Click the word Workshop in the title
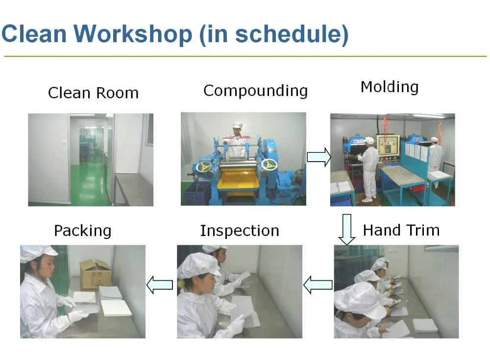(x=133, y=34)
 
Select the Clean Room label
(x=93, y=93)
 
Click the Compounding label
(x=255, y=91)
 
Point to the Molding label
(x=390, y=87)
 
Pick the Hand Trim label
(x=401, y=230)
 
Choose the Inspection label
(x=240, y=231)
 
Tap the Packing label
(x=82, y=231)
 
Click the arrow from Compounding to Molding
(x=319, y=157)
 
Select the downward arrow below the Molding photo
(x=346, y=229)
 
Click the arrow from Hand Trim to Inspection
(x=318, y=285)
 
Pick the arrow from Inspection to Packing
(x=160, y=285)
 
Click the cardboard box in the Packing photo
(x=96, y=274)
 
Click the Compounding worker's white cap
(x=238, y=125)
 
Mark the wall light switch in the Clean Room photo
(x=64, y=141)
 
